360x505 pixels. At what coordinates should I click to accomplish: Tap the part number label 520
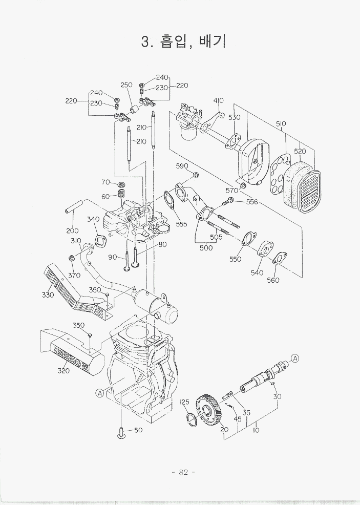[x=300, y=151]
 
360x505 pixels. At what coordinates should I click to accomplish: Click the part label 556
[x=252, y=202]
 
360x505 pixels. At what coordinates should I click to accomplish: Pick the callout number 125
[x=185, y=402]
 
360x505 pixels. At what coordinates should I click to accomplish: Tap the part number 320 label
[x=63, y=370]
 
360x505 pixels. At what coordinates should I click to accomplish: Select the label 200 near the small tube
[x=72, y=230]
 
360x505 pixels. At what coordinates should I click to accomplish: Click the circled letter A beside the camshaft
[x=295, y=358]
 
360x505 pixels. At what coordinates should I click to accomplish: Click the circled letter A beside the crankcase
[x=100, y=393]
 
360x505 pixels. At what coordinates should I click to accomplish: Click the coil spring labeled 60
[x=122, y=195]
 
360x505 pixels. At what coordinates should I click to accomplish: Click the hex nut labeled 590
[x=196, y=176]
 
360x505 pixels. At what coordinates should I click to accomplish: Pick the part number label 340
[x=93, y=219]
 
